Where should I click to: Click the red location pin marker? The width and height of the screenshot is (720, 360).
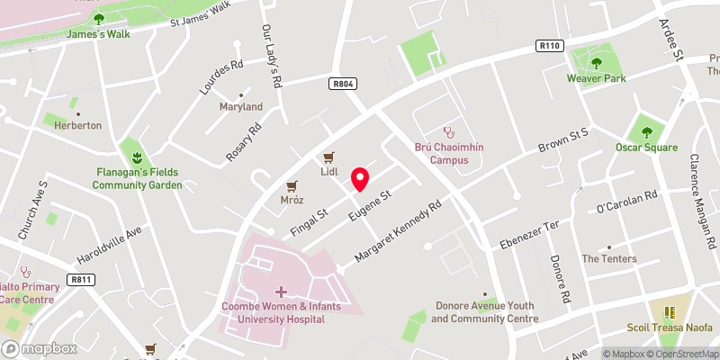(x=359, y=178)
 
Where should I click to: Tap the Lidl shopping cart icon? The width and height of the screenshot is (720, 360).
(x=329, y=156)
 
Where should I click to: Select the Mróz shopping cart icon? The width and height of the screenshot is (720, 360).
(x=291, y=186)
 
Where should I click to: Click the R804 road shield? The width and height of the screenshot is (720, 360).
(x=342, y=84)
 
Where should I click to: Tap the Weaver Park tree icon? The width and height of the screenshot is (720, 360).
(x=596, y=62)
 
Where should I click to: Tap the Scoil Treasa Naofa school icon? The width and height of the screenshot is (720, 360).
(x=669, y=312)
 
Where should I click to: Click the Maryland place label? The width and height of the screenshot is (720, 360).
(x=241, y=106)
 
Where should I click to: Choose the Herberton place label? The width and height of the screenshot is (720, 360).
(x=77, y=125)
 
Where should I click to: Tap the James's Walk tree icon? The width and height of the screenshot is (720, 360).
(x=99, y=18)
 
